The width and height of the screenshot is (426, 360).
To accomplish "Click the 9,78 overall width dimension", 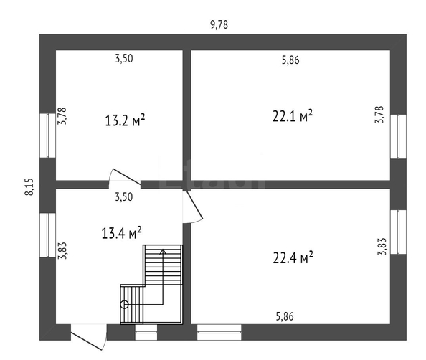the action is point(219,25).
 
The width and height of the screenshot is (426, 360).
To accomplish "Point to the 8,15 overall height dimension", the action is point(29,186).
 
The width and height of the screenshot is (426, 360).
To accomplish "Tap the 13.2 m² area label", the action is point(125,120).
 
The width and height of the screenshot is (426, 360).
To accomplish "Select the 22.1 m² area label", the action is point(293,116).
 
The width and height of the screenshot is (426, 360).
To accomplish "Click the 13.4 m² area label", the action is point(122,233).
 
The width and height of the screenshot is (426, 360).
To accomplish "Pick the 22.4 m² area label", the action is point(293,257).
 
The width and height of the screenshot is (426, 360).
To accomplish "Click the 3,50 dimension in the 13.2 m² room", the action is point(124,59).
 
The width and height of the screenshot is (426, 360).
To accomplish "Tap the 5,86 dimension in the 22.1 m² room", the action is point(290,60).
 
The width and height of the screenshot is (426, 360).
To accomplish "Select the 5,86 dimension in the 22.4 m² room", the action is point(285,316).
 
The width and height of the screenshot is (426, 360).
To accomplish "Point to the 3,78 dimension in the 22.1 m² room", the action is point(379,115).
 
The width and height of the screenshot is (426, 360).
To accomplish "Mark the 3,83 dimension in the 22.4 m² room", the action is point(382,247).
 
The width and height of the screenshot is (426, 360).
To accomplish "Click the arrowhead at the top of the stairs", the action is point(163,251).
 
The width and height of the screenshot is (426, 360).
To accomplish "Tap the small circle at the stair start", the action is point(125,305).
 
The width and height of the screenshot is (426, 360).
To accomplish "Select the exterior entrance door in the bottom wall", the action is point(88,336).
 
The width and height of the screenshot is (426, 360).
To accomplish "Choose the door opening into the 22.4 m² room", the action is point(193,207).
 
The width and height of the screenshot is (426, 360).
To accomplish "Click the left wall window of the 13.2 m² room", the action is point(48,136).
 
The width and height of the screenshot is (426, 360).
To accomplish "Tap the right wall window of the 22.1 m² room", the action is point(399,137).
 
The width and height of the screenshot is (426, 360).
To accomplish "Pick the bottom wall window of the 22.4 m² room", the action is point(219,332).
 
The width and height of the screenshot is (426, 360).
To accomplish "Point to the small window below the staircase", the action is point(146,332).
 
